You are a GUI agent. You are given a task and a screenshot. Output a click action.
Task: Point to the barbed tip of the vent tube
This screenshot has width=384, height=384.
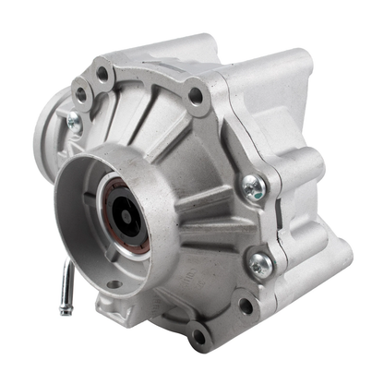coord(65,308)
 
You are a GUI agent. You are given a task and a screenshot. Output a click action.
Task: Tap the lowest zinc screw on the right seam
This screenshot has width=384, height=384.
coord(261,264)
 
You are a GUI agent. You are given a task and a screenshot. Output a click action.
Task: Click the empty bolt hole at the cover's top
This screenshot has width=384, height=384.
coord(195,93)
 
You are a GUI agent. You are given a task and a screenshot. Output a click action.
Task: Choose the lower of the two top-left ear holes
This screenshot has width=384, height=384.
coord(82,93)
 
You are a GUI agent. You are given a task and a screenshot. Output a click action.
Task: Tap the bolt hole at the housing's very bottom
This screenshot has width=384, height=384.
coord(198,337)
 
